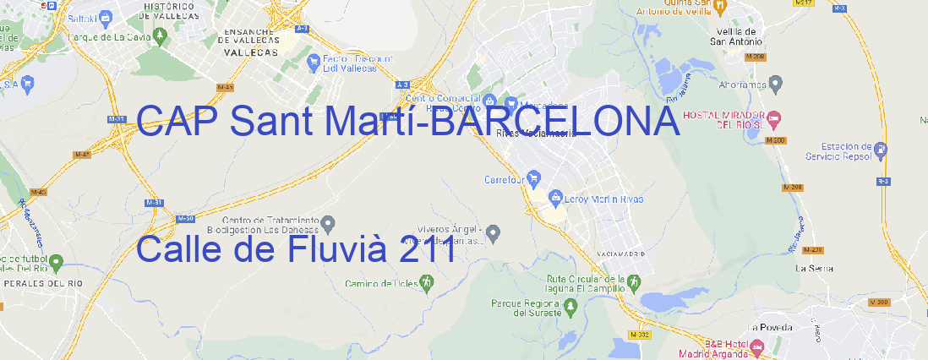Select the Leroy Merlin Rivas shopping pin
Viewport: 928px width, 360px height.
tap(555, 199)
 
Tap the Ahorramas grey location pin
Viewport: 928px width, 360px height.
tap(776, 83)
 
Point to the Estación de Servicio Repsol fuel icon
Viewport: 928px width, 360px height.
tap(882, 150)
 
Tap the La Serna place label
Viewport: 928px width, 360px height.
tap(815, 268)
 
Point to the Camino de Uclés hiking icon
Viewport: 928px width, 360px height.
tap(426, 284)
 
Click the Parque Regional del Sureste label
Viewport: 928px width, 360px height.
tap(526, 307)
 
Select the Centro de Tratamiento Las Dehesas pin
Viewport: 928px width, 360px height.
tap(329, 223)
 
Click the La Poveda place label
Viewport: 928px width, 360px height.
tap(769, 327)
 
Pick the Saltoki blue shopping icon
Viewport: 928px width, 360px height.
tap(106, 16)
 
